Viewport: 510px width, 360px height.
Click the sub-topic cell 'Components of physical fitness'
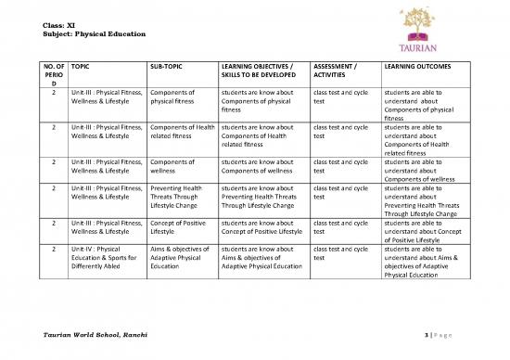coord(172,97)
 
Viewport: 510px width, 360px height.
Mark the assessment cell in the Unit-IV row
coord(339,254)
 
